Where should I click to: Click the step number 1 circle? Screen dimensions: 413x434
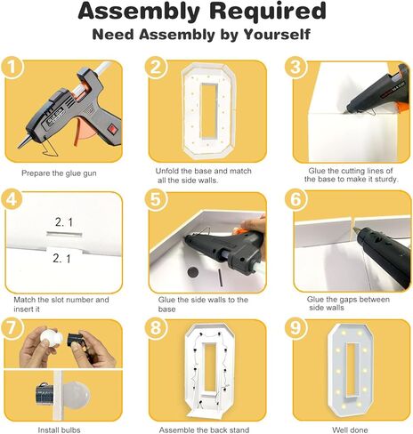[x=12, y=68]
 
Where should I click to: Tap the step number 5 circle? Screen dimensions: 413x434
[x=156, y=199]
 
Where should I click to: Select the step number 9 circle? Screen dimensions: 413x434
[x=296, y=328]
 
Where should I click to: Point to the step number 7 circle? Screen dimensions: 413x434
[x=12, y=328]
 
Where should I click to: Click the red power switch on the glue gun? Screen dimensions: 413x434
[x=112, y=129]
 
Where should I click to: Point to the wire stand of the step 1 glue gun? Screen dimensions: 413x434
[x=49, y=149]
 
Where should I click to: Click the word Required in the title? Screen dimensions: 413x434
[x=268, y=12]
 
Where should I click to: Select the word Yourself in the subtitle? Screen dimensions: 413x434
[x=277, y=35]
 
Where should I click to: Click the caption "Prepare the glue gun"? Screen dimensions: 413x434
[x=59, y=173]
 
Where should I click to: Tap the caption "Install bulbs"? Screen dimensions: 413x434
[x=59, y=430]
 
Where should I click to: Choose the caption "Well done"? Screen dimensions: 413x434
[x=350, y=430]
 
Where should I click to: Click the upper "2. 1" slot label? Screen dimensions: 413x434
[x=63, y=222]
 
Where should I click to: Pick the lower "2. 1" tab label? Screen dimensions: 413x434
[x=61, y=259]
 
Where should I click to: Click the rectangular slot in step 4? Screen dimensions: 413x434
[x=64, y=234]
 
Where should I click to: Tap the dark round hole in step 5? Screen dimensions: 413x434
[x=193, y=272]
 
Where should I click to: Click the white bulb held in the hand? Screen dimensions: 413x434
[x=51, y=337]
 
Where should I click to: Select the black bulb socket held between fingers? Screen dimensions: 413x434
[x=76, y=340]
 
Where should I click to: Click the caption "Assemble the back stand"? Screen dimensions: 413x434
[x=204, y=430]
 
